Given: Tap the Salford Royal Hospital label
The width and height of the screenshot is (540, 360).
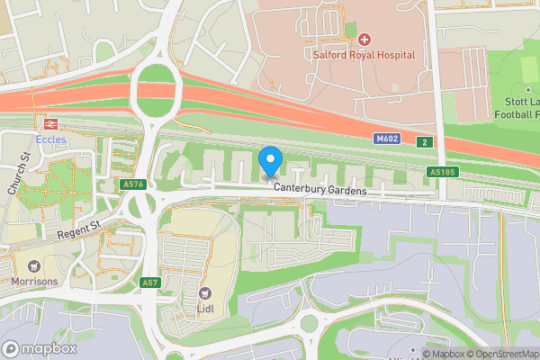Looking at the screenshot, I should (x=364, y=55).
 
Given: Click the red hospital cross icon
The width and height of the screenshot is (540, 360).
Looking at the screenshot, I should (x=364, y=40).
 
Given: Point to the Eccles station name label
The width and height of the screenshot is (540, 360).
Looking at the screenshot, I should (x=50, y=139).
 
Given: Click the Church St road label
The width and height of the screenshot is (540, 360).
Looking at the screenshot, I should (x=20, y=173).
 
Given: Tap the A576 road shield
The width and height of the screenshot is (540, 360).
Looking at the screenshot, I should (x=133, y=184).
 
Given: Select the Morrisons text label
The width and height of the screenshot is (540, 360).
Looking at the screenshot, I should (x=35, y=282).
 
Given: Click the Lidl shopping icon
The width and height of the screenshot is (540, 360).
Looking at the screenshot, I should (x=205, y=292).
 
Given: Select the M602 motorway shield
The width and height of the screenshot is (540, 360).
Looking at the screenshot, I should (x=387, y=139).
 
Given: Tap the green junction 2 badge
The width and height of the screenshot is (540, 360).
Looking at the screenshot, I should (x=424, y=141).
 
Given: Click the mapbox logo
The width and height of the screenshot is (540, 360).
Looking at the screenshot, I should (x=39, y=348).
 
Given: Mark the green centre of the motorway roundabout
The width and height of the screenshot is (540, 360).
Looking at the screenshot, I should (x=157, y=88).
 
